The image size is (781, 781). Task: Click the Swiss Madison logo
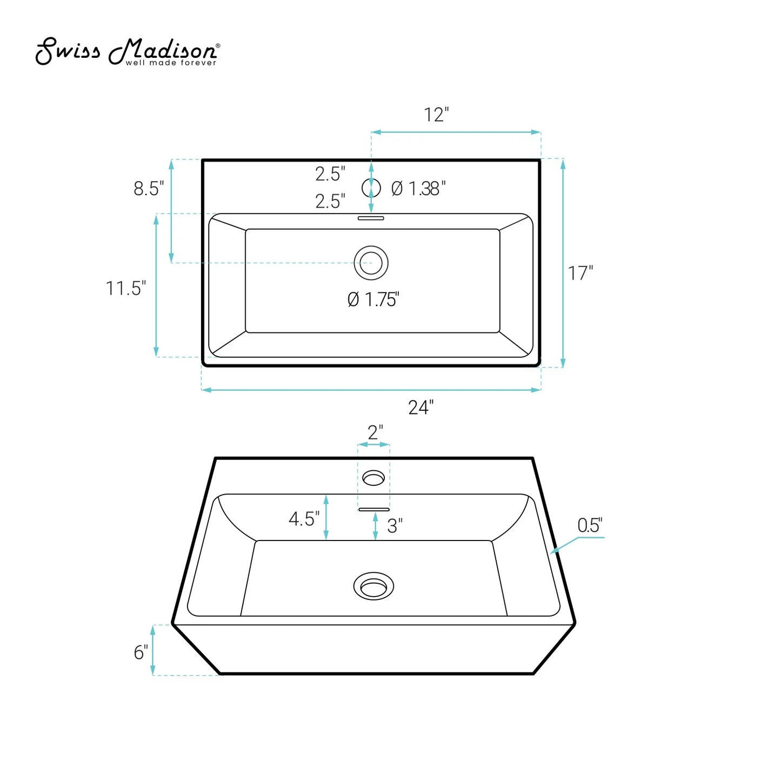[x=127, y=51]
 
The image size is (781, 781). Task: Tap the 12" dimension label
[x=436, y=115]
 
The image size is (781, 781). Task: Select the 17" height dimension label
[x=580, y=273]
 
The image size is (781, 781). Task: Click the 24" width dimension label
[x=420, y=408]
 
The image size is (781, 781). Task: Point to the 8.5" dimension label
[x=149, y=189]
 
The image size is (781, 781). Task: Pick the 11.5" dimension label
[x=125, y=289]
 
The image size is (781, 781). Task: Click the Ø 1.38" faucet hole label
[x=418, y=189]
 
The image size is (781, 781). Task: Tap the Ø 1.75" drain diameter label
[x=373, y=299]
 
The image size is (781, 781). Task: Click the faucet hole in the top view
[x=371, y=188]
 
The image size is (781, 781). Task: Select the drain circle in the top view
[x=371, y=263]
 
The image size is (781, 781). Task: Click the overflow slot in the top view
[x=371, y=218]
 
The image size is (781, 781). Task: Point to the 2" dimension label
[x=375, y=432]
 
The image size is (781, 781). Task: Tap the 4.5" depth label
[x=304, y=519]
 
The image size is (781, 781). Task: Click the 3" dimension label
[x=395, y=526]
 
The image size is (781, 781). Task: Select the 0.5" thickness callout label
[x=590, y=525]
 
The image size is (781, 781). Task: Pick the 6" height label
[x=141, y=652]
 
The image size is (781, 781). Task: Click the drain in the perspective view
[x=373, y=586]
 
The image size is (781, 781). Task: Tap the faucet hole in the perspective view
[x=373, y=478]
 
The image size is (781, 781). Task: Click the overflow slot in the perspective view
[x=373, y=509]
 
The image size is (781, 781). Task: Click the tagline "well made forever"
[x=171, y=63]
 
